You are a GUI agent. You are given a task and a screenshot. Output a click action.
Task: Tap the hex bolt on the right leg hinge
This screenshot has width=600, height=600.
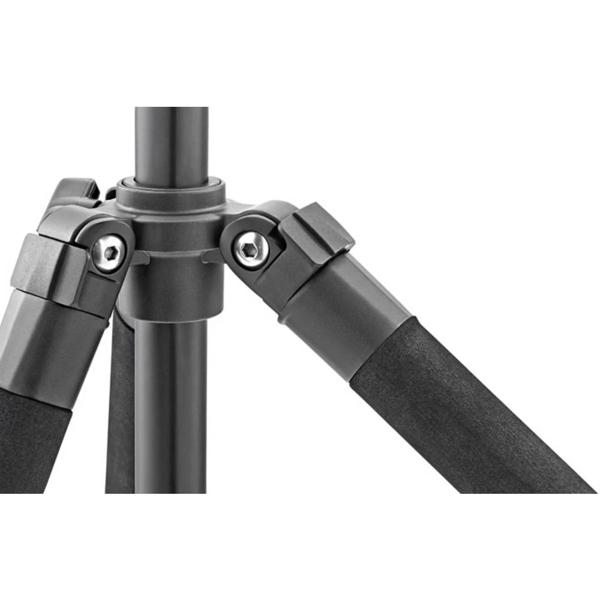(250, 248)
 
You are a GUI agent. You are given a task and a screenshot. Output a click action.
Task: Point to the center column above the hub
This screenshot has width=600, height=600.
(171, 144)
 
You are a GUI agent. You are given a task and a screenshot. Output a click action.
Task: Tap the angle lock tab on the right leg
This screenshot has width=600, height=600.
(318, 231)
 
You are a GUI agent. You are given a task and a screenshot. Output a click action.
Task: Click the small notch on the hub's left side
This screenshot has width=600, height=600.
(139, 258)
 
